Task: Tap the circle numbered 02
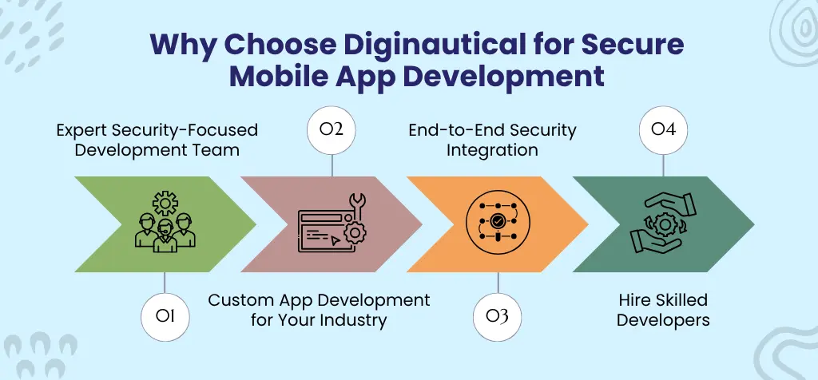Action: click(x=332, y=129)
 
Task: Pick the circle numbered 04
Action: click(x=663, y=129)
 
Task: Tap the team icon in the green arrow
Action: click(x=165, y=224)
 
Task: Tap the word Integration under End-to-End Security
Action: click(x=492, y=149)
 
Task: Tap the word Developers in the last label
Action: click(x=663, y=320)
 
